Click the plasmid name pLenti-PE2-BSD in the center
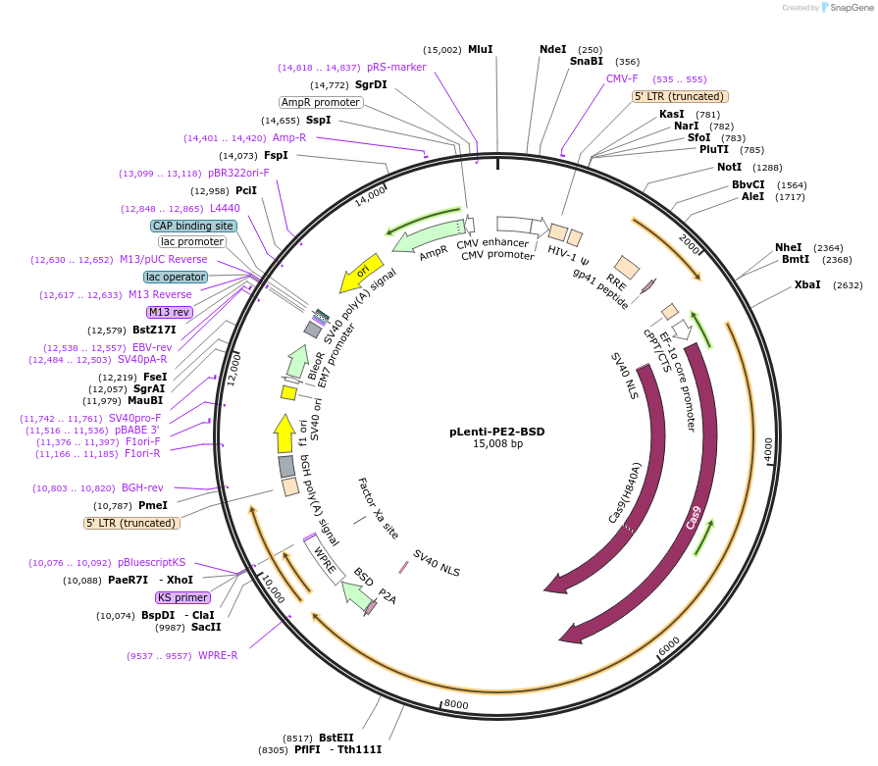pos(496,431)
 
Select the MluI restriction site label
pos(480,49)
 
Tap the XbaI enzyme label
pos(808,285)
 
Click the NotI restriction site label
pos(729,167)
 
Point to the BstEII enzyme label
pos(336,738)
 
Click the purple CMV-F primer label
pos(622,78)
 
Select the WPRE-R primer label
pos(218,655)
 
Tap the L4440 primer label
pos(225,208)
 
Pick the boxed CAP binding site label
pos(193,226)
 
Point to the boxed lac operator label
pos(176,277)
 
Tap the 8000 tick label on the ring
pos(456,703)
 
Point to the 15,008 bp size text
pos(497,444)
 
